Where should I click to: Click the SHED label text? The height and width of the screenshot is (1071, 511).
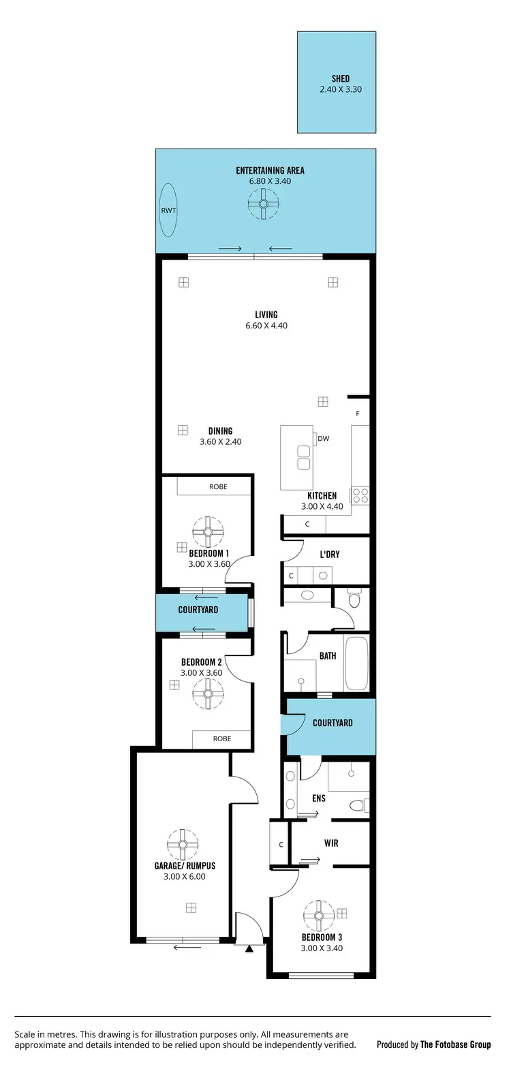click(x=341, y=79)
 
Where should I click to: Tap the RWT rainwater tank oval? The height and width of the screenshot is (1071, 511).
click(x=168, y=211)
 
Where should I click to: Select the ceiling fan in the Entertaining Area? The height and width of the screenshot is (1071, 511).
click(x=263, y=203)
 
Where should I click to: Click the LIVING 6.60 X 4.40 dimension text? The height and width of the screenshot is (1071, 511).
click(x=266, y=326)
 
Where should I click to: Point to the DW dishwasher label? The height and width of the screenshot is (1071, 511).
click(x=323, y=439)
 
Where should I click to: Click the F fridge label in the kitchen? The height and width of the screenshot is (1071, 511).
click(x=358, y=414)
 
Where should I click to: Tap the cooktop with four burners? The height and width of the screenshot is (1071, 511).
click(x=360, y=495)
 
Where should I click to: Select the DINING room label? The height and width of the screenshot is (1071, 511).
click(x=220, y=431)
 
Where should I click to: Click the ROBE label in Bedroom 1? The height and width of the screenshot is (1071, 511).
click(x=218, y=487)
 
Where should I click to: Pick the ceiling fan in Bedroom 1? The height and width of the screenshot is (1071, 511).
click(x=208, y=532)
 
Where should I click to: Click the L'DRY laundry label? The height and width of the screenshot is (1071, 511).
click(x=330, y=555)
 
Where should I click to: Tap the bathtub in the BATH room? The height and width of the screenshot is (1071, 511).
click(x=357, y=663)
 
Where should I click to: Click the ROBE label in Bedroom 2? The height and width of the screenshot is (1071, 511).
click(x=222, y=739)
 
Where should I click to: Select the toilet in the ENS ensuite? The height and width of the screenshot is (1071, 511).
click(x=357, y=806)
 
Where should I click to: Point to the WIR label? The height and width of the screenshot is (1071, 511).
click(x=331, y=843)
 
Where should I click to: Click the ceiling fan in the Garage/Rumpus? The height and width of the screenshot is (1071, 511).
click(x=183, y=845)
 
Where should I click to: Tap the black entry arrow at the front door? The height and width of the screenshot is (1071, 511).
click(x=249, y=948)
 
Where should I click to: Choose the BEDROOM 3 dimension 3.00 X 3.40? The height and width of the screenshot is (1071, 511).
click(x=322, y=948)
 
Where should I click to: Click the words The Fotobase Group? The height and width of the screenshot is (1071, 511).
click(x=455, y=1044)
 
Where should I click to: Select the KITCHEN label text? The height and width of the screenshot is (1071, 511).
click(x=322, y=496)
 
